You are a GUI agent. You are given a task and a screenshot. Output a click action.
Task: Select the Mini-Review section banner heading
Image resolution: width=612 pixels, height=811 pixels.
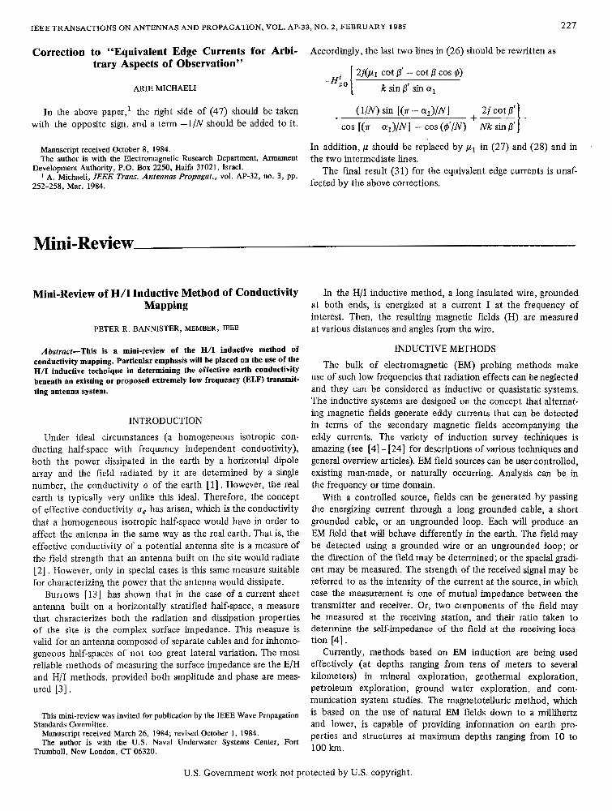[82, 243]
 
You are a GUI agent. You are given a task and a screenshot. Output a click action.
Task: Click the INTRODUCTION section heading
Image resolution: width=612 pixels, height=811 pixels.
[166, 421]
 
